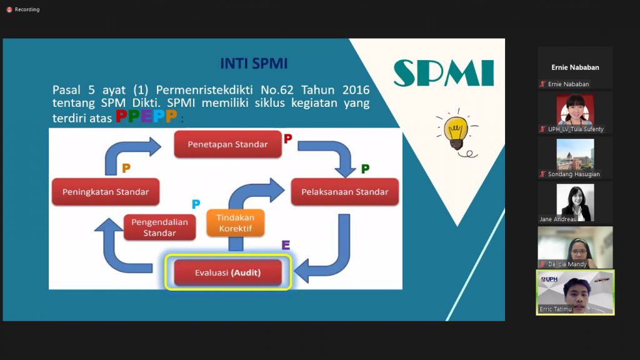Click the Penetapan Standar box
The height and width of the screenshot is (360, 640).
tap(227, 144)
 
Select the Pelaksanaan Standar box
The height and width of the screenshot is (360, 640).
tap(344, 192)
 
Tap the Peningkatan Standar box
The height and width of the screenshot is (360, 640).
tap(106, 192)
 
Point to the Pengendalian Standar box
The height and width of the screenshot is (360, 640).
tap(159, 227)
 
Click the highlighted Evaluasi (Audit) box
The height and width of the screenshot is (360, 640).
tap(227, 273)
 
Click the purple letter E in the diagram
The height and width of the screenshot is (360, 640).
tap(286, 245)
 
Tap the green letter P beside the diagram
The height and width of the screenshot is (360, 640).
tap(365, 169)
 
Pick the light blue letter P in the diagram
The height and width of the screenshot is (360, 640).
tap(196, 204)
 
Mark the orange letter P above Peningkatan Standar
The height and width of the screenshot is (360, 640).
tap(126, 168)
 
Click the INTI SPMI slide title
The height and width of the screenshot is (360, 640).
tap(254, 64)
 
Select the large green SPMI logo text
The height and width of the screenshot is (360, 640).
tap(444, 73)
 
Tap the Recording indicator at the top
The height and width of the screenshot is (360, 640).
tap(23, 9)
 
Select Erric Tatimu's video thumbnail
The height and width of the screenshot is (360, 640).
tap(575, 292)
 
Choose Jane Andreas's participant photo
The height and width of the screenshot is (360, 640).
tap(575, 201)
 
